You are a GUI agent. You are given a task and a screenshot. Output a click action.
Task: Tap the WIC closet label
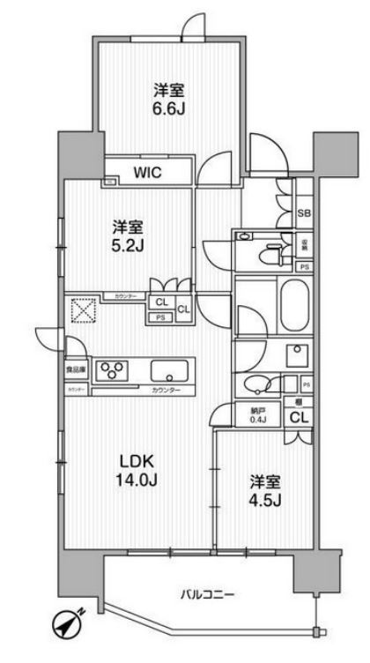[x=147, y=173]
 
